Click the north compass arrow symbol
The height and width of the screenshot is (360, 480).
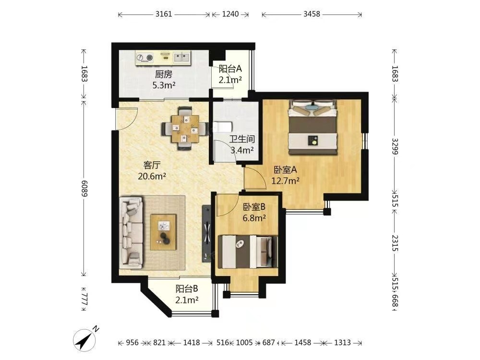point(84,340)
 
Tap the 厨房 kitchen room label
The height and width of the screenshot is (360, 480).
point(164,74)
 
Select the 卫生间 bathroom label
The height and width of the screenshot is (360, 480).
point(242,139)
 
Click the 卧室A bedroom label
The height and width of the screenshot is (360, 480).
point(285,169)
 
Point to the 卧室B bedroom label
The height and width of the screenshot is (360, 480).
point(254,207)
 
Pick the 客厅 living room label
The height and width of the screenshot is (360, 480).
point(152,165)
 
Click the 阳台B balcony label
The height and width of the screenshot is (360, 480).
point(187,288)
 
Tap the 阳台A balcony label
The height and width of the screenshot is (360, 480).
point(230,69)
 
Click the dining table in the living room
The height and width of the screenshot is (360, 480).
point(185,129)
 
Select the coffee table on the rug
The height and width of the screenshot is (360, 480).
point(163,232)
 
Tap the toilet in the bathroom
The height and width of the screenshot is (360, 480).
point(222,126)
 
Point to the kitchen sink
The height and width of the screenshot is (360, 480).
point(181,57)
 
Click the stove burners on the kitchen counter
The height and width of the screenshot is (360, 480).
point(144,58)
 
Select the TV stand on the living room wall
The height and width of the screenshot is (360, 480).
point(207,233)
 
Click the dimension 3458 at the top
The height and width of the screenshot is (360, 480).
point(312,14)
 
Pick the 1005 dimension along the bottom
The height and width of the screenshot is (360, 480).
point(244,343)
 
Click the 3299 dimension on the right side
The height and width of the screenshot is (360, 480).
point(395,146)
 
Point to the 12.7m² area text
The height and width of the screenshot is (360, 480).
point(285,180)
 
